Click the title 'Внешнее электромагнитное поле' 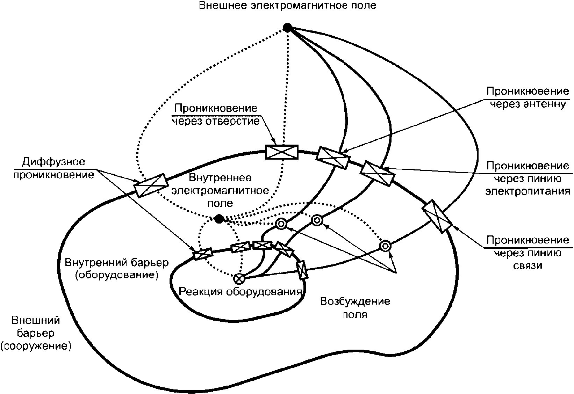pyautogui.click(x=287, y=6)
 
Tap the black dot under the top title pyautogui.click(x=287, y=28)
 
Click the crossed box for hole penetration pyautogui.click(x=282, y=152)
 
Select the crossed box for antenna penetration pyautogui.click(x=333, y=158)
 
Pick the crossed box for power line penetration pyautogui.click(x=378, y=174)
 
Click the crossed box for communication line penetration pyautogui.click(x=437, y=216)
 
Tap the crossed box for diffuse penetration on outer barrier pyautogui.click(x=151, y=185)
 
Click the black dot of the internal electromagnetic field pyautogui.click(x=219, y=219)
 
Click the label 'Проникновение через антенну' pyautogui.click(x=528, y=97)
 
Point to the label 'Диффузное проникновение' pyautogui.click(x=54, y=168)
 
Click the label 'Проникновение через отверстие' pyautogui.click(x=216, y=115)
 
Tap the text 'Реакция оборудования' pyautogui.click(x=240, y=292)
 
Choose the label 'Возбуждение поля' pyautogui.click(x=355, y=307)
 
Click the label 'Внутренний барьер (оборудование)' pyautogui.click(x=117, y=269)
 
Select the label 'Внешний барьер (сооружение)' pyautogui.click(x=36, y=333)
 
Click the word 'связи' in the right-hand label pyautogui.click(x=528, y=265)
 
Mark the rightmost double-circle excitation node pyautogui.click(x=385, y=246)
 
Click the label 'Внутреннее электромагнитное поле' pyautogui.click(x=220, y=190)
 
